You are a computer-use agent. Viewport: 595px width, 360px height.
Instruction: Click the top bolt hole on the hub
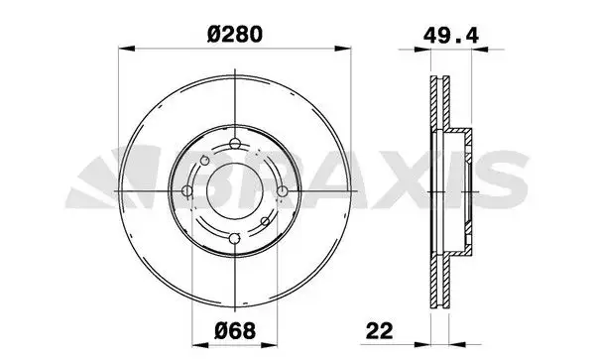(x=234, y=148)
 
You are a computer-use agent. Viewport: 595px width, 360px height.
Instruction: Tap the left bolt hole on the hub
(x=188, y=191)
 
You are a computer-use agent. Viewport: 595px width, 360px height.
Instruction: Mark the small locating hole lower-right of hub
(x=263, y=221)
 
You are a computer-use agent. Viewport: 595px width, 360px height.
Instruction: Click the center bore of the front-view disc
(x=234, y=191)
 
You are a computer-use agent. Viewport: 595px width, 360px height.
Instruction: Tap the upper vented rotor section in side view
(x=437, y=104)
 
